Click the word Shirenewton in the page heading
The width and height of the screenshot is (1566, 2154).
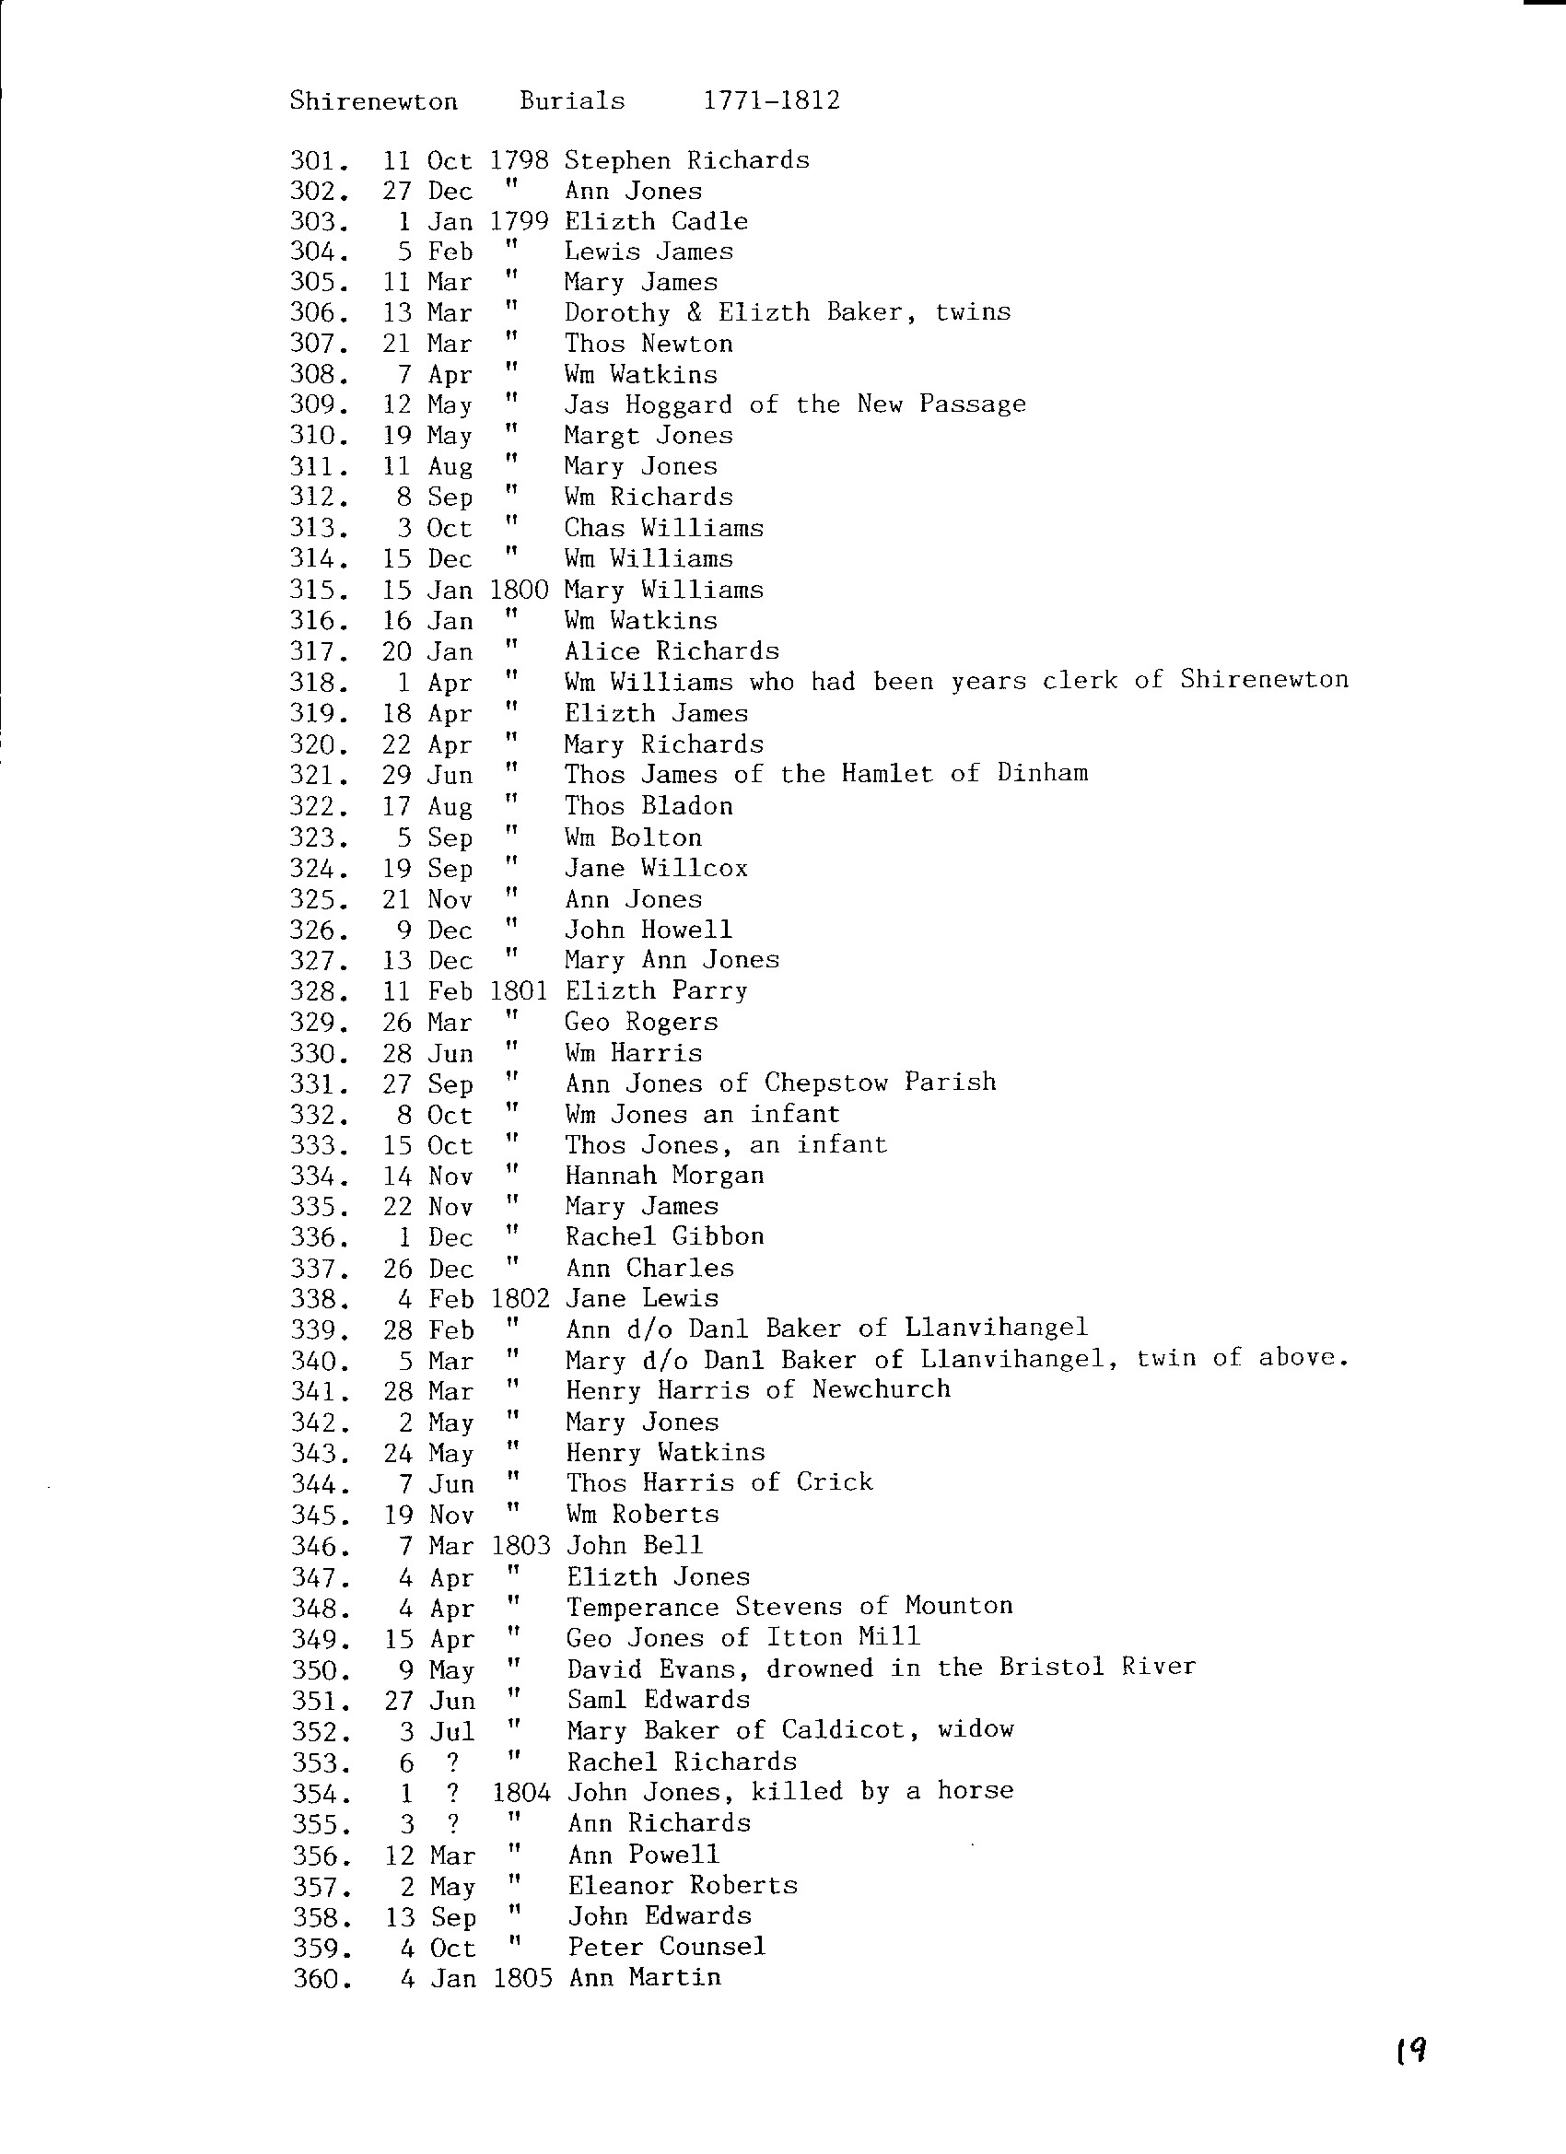point(373,101)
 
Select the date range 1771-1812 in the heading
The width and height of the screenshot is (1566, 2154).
point(771,100)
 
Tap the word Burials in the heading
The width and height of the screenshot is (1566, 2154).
point(572,100)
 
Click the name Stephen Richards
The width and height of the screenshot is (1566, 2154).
point(686,159)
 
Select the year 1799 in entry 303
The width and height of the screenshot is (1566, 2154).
point(519,221)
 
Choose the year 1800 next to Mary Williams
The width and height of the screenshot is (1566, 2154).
point(519,590)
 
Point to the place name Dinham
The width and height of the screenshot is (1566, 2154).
point(1042,772)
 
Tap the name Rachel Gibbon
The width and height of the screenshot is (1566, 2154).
point(665,1236)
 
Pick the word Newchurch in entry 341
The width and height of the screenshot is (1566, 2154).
point(882,1389)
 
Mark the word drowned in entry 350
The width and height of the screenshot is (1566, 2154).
point(820,1668)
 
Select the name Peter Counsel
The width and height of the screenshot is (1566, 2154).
point(667,1946)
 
